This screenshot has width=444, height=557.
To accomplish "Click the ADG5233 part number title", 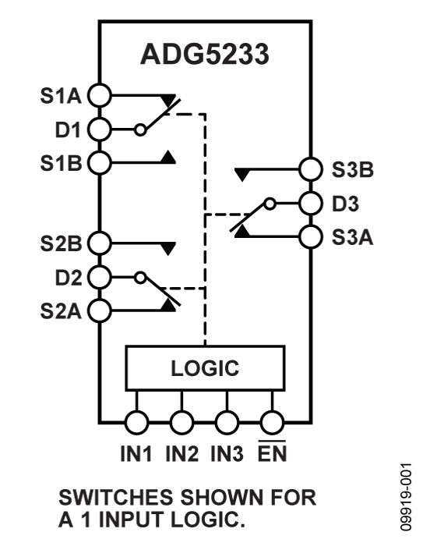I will click(204, 55).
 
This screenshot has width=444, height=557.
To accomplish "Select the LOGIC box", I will click(205, 368).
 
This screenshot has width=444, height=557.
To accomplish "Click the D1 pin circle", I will click(100, 129).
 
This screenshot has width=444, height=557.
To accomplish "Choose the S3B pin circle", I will click(310, 169).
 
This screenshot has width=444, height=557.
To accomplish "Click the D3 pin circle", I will click(310, 203).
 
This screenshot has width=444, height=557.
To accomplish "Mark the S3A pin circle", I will click(310, 236).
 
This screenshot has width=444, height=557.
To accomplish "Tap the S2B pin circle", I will click(100, 242).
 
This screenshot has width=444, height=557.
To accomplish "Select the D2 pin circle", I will click(100, 275).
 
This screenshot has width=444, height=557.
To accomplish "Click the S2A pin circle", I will click(100, 310).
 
